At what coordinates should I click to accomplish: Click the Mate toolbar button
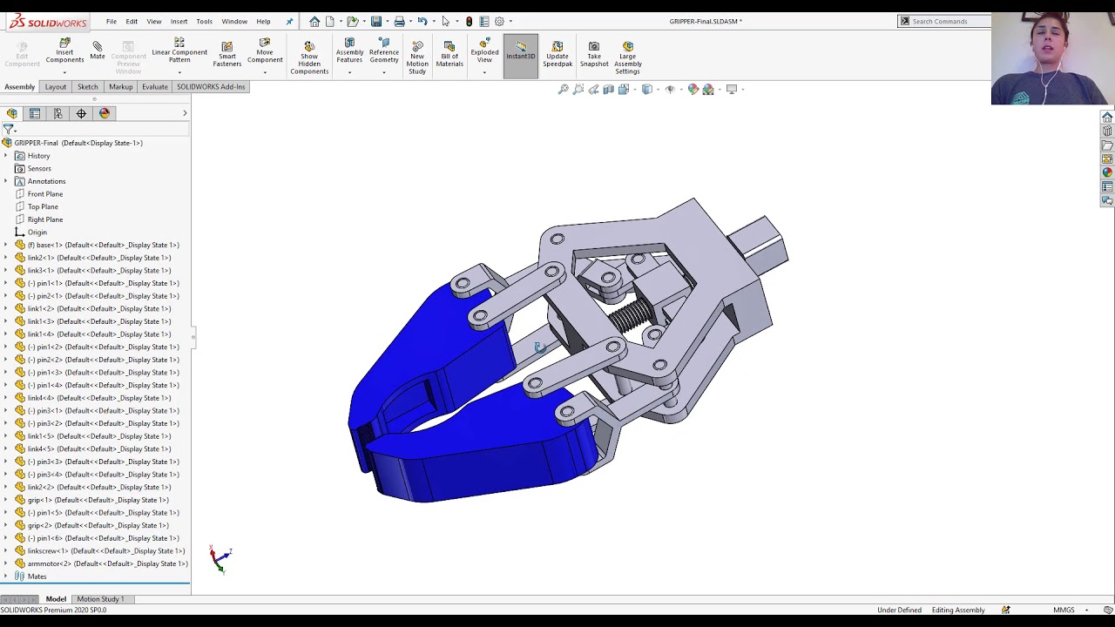(x=97, y=51)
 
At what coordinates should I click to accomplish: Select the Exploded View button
(x=484, y=52)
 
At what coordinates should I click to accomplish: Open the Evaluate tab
(x=155, y=87)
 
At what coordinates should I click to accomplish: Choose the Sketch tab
(x=88, y=87)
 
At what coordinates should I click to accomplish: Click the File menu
(x=111, y=21)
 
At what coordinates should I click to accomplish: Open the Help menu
(x=263, y=21)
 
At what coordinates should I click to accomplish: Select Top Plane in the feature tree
(x=43, y=206)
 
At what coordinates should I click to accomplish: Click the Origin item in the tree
(x=37, y=233)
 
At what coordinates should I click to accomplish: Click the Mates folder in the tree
(x=37, y=576)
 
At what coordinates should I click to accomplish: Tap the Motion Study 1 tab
(x=100, y=599)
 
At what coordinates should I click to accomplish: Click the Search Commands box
(x=948, y=21)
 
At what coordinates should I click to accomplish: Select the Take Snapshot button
(x=594, y=53)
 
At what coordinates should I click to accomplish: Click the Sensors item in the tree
(x=39, y=168)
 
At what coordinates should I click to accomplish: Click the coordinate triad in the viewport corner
(x=220, y=558)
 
